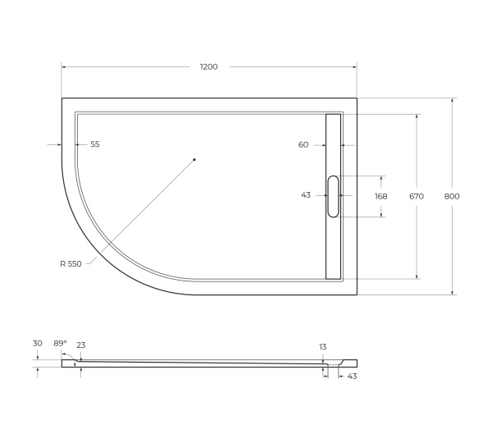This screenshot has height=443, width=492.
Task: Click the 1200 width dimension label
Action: (x=209, y=66)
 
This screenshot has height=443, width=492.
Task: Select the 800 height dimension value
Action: (x=452, y=196)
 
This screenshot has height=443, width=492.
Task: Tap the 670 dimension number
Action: (x=417, y=196)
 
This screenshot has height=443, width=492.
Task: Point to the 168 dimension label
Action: (x=381, y=196)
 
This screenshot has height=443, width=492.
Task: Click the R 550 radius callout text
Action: (x=71, y=263)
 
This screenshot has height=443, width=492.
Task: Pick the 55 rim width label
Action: (x=95, y=144)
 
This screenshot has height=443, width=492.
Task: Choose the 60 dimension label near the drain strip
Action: (x=303, y=144)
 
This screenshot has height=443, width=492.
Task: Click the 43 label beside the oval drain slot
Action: (x=306, y=195)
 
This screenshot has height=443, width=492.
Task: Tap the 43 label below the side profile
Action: (x=353, y=376)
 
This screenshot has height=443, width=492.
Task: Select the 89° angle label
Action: (x=59, y=343)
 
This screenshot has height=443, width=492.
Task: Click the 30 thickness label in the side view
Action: (x=37, y=343)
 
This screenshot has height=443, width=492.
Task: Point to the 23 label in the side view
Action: (x=80, y=345)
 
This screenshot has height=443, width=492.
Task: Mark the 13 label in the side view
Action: (x=323, y=346)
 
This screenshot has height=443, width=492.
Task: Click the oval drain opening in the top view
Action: (x=333, y=196)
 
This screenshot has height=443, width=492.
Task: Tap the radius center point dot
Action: (x=194, y=159)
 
